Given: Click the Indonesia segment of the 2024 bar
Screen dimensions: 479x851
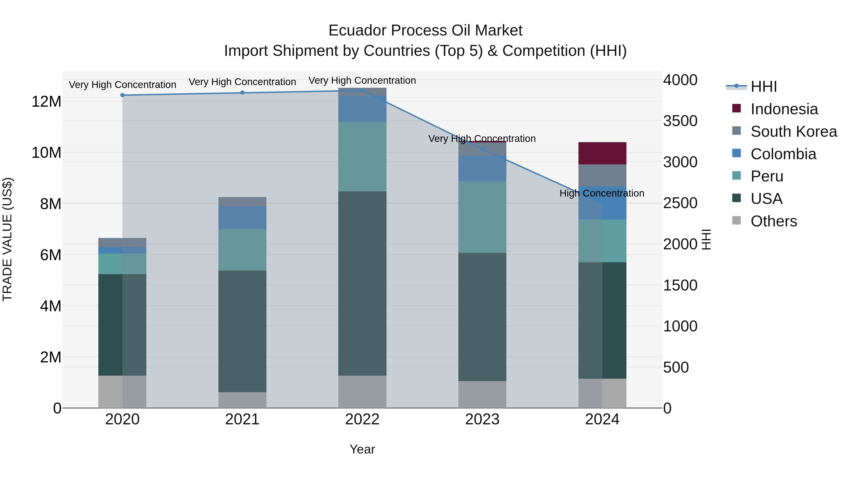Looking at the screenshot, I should click(602, 153).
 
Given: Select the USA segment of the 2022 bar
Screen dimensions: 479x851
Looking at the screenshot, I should click(362, 283).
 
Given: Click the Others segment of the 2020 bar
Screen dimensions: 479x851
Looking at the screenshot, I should click(122, 391).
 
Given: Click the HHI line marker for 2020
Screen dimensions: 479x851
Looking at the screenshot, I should click(122, 95).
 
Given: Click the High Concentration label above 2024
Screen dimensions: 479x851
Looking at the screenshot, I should click(602, 193).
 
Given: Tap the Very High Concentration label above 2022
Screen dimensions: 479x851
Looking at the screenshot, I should click(362, 80).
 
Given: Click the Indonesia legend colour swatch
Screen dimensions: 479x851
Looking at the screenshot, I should click(736, 108).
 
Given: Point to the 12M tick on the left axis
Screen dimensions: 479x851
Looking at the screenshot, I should click(46, 101).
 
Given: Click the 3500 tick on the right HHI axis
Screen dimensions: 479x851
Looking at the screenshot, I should click(680, 121).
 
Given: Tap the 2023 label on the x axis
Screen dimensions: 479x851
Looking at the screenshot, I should click(482, 419).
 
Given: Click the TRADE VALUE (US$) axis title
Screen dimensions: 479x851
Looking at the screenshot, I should click(7, 239).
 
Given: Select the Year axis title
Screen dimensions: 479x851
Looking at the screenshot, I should click(362, 449).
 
